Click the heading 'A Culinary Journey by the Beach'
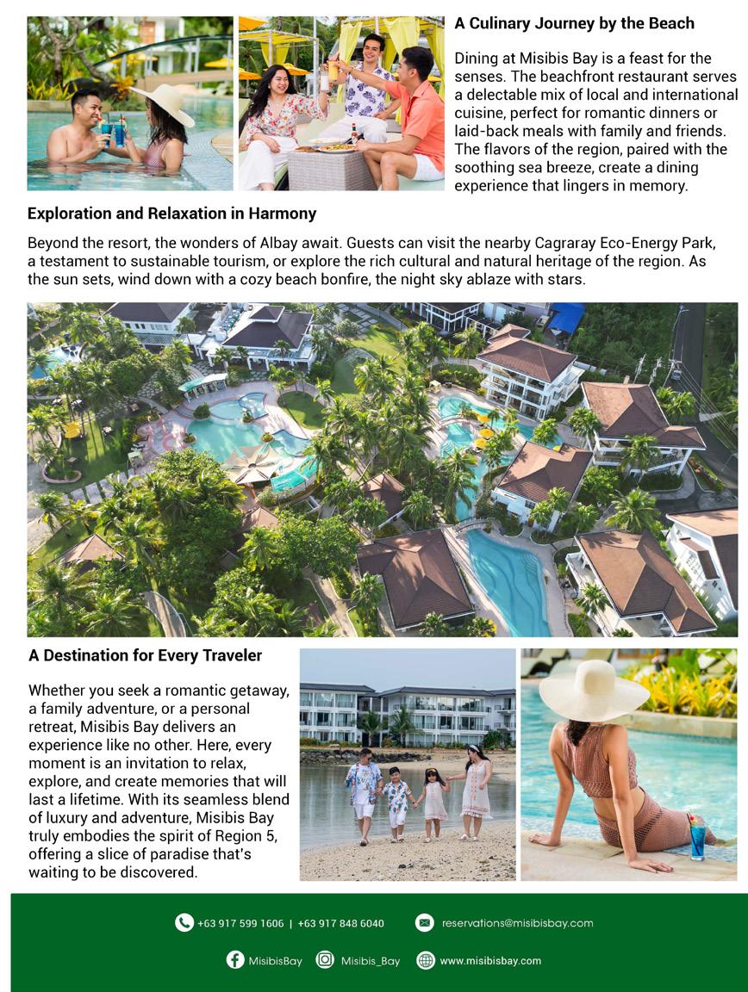point(574,23)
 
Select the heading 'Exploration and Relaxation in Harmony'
point(171,214)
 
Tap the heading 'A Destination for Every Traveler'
point(145,655)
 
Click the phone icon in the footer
point(184,923)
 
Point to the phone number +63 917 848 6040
point(340,924)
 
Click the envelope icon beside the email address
point(424,923)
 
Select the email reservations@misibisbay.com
point(517,923)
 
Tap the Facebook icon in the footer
point(235,960)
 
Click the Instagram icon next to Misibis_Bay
point(325,960)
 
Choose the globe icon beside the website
point(426,960)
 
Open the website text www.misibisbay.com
point(490,960)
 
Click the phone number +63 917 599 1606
point(240,924)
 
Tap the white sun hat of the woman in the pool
point(165,102)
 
